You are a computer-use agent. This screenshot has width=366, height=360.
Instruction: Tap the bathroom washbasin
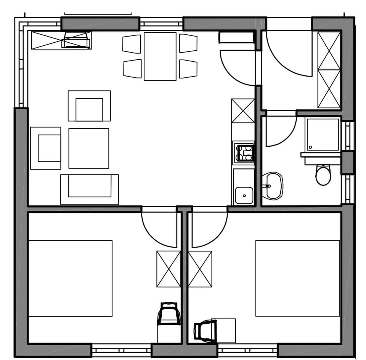coord(273,186)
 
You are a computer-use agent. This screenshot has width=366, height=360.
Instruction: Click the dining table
coord(160,56)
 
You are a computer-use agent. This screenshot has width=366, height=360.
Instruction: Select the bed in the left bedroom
coord(70,278)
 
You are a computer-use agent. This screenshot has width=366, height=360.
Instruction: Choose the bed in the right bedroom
coord(297,278)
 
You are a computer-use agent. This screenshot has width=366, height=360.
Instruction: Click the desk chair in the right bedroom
coord(205,330)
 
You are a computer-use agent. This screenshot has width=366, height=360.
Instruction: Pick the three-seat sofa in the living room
coord(90,189)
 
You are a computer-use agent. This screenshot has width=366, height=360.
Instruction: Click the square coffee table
coord(89,148)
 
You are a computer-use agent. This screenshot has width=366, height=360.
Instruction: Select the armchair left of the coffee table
coord(46,148)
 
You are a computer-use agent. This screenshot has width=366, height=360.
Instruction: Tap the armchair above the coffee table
coord(89,106)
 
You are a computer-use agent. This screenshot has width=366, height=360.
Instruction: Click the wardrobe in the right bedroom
coord(200,269)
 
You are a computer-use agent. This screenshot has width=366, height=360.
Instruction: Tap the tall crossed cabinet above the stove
coord(243,110)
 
